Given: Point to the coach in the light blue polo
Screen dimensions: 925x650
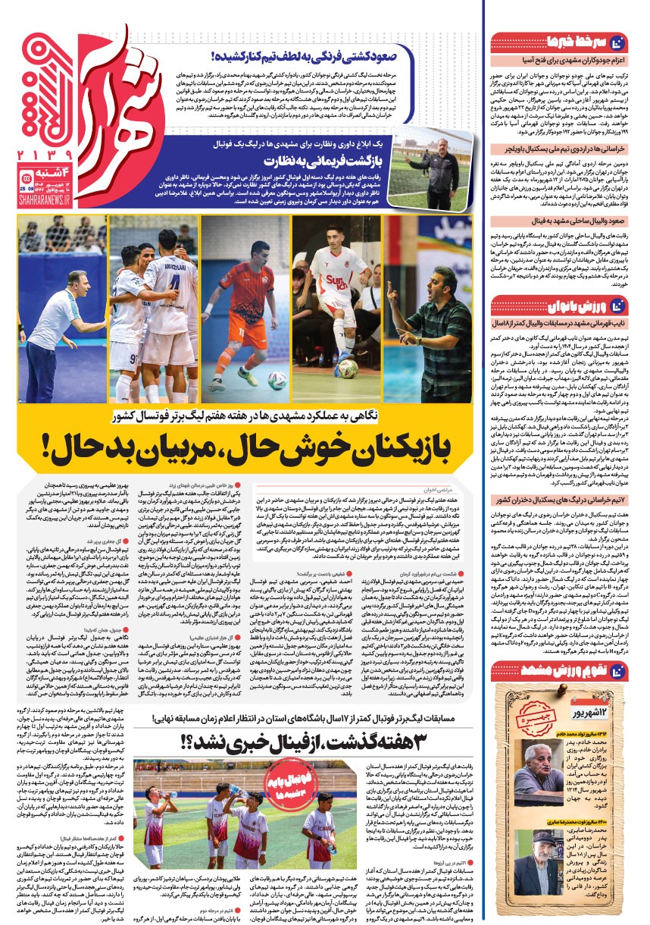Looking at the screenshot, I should (x=55, y=326).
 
